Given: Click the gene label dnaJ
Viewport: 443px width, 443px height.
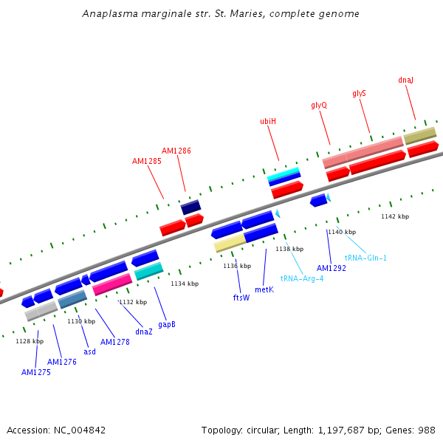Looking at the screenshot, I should [x=405, y=80].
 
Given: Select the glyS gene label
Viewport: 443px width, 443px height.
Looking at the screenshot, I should [x=359, y=93].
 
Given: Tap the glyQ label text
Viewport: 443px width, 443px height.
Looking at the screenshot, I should [x=319, y=105].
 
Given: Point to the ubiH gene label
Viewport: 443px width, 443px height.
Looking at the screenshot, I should [x=268, y=121].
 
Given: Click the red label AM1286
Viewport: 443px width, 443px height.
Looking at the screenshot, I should [x=176, y=151].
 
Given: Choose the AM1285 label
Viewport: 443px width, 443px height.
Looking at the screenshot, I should [x=147, y=161].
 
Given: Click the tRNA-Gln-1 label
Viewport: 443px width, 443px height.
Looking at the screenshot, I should [x=365, y=258].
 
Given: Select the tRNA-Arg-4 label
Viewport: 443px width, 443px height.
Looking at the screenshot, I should [x=302, y=278].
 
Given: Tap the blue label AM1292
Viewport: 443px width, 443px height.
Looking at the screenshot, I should [x=332, y=268].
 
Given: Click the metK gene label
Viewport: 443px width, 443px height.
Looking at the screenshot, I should [x=264, y=289].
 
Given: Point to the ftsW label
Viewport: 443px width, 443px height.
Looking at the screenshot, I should [x=241, y=298].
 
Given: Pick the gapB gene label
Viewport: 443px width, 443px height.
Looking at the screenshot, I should [x=167, y=324].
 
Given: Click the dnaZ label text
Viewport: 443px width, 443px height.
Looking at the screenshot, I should [x=144, y=332].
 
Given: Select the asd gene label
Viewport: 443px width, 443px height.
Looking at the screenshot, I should [x=89, y=351].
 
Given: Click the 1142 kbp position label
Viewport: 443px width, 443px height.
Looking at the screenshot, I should [x=395, y=216].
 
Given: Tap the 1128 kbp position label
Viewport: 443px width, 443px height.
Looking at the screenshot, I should [x=30, y=341].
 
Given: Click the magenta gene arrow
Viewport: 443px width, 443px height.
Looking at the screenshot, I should [x=112, y=284].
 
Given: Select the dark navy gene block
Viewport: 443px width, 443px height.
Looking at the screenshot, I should [x=190, y=207].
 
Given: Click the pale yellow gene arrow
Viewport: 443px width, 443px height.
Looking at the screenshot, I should [x=230, y=242].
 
